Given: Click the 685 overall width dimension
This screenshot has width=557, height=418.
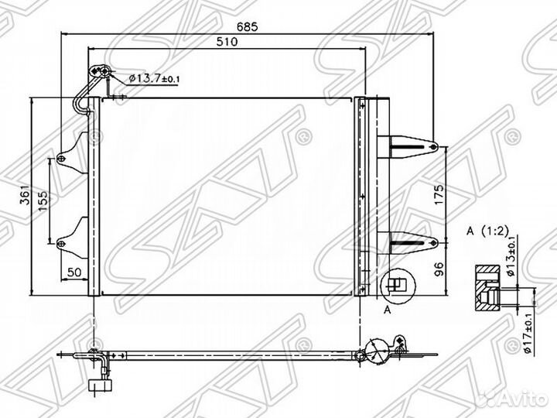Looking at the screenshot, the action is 248,26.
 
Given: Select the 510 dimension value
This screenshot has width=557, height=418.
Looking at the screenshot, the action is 227,42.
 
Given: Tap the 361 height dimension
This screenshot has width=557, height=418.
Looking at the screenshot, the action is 25,195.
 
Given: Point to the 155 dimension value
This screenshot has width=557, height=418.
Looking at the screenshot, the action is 43,201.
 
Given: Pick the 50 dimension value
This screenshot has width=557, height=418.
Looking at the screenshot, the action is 74,272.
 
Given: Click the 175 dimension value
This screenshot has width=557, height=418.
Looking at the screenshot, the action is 439,194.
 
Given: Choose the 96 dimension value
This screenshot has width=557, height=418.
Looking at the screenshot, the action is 439,269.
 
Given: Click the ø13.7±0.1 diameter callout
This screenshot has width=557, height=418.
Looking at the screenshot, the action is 154,78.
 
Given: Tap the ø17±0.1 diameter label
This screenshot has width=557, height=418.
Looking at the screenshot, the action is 528,334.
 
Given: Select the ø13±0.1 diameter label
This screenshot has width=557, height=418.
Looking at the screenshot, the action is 511,256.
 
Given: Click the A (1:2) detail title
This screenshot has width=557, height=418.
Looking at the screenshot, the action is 487,231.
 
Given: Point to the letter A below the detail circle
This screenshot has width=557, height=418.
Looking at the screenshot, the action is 388,310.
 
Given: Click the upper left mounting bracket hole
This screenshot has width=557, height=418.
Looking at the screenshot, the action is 61,159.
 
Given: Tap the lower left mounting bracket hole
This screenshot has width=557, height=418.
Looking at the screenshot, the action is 61,244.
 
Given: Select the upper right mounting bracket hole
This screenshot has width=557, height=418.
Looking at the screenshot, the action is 433,147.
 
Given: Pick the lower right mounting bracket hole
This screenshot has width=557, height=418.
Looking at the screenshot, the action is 433,243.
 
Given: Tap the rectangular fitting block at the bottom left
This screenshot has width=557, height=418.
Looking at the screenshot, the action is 101,385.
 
